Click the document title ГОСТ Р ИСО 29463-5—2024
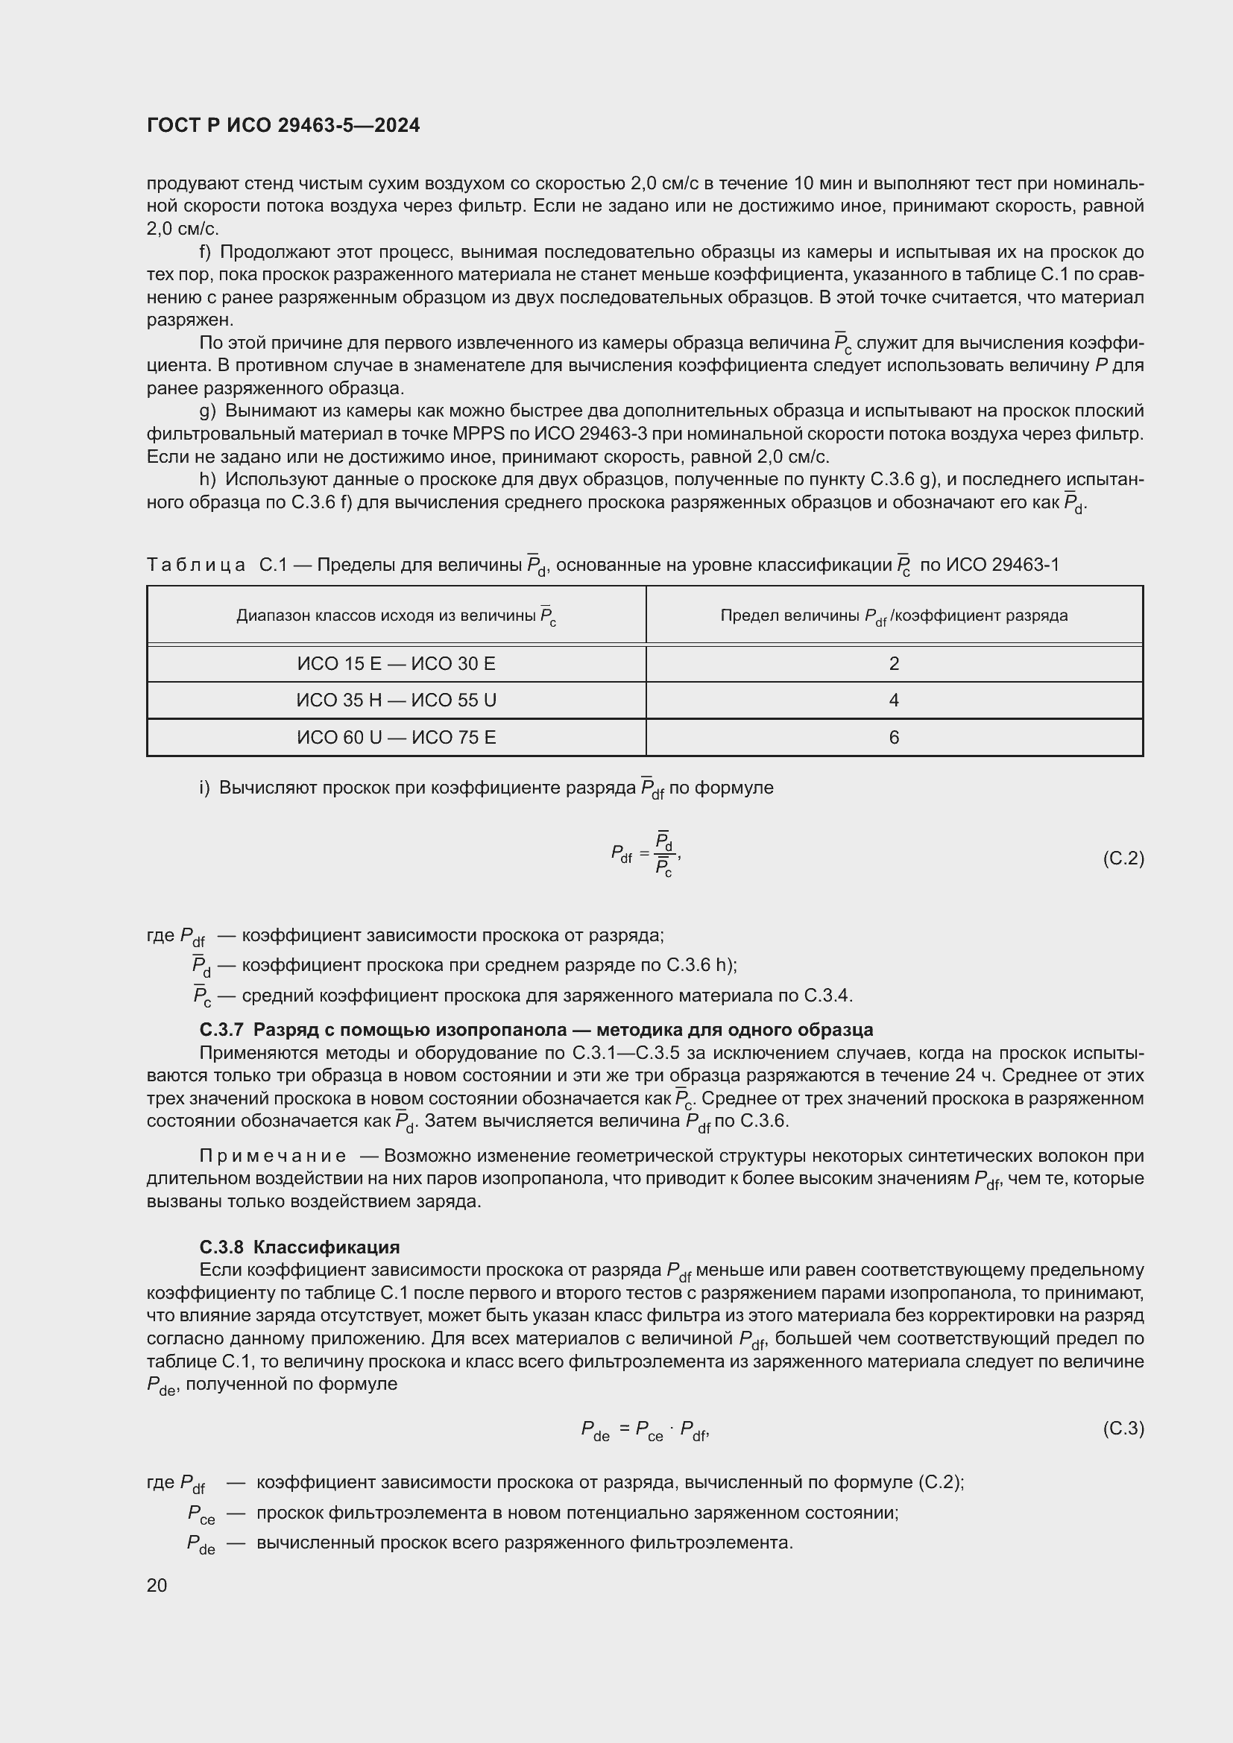pyautogui.click(x=283, y=125)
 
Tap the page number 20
pyautogui.click(x=157, y=1585)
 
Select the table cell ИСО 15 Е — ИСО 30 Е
pyautogui.click(x=396, y=663)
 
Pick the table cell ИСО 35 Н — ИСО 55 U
pyautogui.click(x=396, y=700)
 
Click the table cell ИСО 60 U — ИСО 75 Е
pyautogui.click(x=396, y=737)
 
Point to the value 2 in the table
pyautogui.click(x=894, y=663)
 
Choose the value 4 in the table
pyautogui.click(x=894, y=700)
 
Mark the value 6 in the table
pyautogui.click(x=894, y=737)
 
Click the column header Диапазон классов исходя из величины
pyautogui.click(x=396, y=616)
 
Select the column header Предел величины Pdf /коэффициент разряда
pyautogui.click(x=894, y=616)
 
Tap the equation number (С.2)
pyautogui.click(x=1123, y=858)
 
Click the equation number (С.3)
pyautogui.click(x=1123, y=1429)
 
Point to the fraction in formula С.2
pyautogui.click(x=664, y=855)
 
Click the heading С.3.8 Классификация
pyautogui.click(x=299, y=1247)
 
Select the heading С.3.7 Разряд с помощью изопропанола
pyautogui.click(x=535, y=1030)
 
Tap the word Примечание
pyautogui.click(x=273, y=1157)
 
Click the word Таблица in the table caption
pyautogui.click(x=196, y=565)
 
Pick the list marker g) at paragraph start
pyautogui.click(x=207, y=411)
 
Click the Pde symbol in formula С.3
pyautogui.click(x=595, y=1431)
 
